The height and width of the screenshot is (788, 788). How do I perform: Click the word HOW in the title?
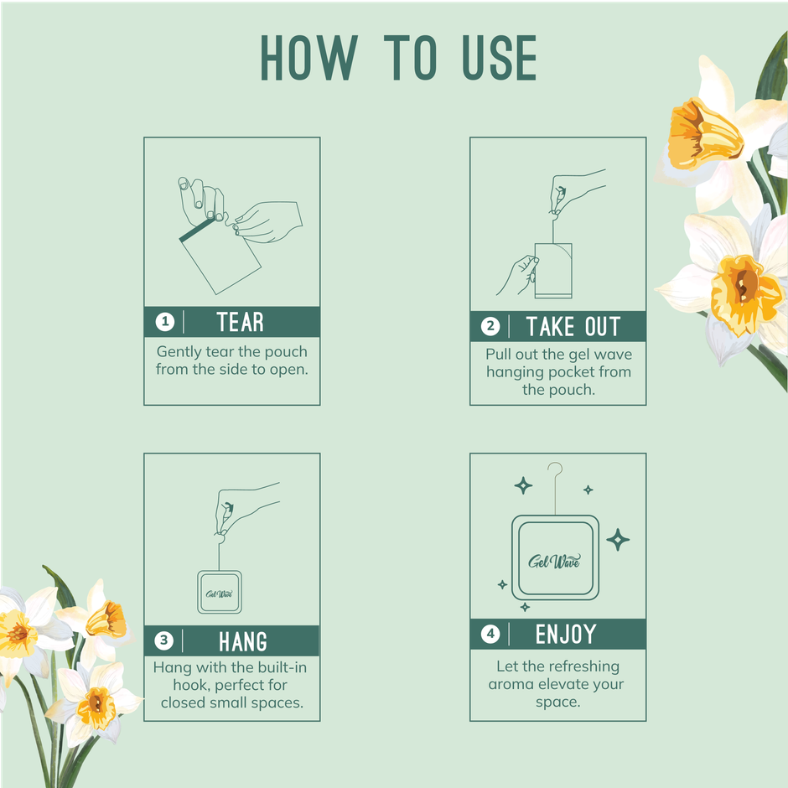pyautogui.click(x=308, y=58)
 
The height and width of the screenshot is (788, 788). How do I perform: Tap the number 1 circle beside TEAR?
pyautogui.click(x=165, y=322)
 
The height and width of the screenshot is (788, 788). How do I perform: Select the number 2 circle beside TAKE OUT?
pyautogui.click(x=491, y=326)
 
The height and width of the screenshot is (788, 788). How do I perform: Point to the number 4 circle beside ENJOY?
pyautogui.click(x=491, y=635)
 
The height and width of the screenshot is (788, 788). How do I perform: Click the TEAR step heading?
pyautogui.click(x=240, y=322)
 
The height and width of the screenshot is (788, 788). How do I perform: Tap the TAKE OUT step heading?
pyautogui.click(x=573, y=326)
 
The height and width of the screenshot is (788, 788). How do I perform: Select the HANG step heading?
pyautogui.click(x=243, y=641)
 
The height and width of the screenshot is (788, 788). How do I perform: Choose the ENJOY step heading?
pyautogui.click(x=567, y=635)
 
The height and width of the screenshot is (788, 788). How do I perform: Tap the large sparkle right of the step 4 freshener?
pyautogui.click(x=618, y=539)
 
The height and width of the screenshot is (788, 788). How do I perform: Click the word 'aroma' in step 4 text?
pyautogui.click(x=514, y=684)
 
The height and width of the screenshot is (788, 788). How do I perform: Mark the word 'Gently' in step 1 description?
pyautogui.click(x=179, y=351)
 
